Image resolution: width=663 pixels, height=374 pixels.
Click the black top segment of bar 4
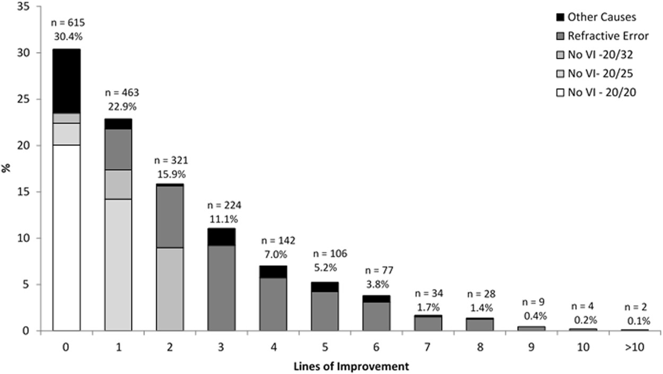pyautogui.click(x=273, y=272)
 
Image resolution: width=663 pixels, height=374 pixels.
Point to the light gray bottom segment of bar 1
pyautogui.click(x=118, y=265)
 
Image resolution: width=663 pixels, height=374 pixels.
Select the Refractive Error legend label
pyautogui.click(x=608, y=36)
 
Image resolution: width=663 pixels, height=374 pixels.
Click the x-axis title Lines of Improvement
pyautogui.click(x=351, y=366)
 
